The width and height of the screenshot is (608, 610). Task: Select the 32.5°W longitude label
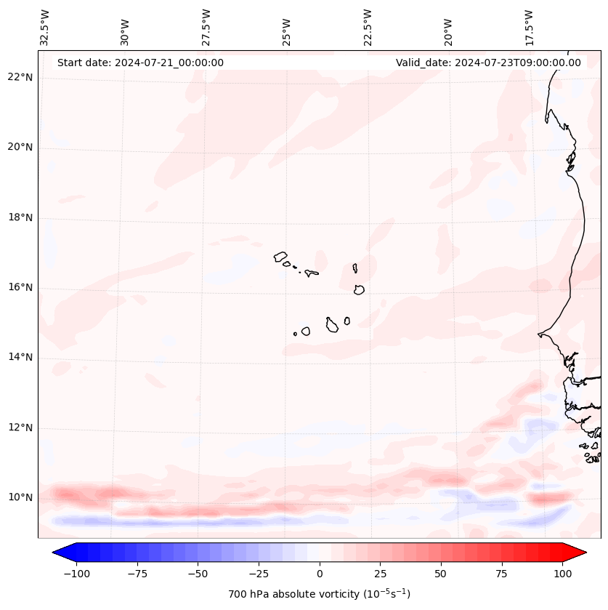[x=45, y=28]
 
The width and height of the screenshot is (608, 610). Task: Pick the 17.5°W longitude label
[x=529, y=28]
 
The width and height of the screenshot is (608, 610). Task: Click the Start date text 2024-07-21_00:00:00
[x=140, y=63]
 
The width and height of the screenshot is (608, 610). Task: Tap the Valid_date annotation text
[x=488, y=63]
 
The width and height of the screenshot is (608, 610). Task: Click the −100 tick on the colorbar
[x=76, y=574]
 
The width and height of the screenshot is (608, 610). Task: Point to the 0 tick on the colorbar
[x=319, y=574]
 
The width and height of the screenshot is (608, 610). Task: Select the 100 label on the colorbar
[x=562, y=574]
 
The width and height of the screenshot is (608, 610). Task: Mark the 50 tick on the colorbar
[x=440, y=574]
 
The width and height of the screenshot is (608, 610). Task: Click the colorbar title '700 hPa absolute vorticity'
[x=319, y=594]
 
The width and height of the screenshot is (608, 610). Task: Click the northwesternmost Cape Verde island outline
[x=280, y=256]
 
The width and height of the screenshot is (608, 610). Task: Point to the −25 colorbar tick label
[x=258, y=574]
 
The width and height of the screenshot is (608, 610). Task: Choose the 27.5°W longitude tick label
[x=206, y=28]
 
